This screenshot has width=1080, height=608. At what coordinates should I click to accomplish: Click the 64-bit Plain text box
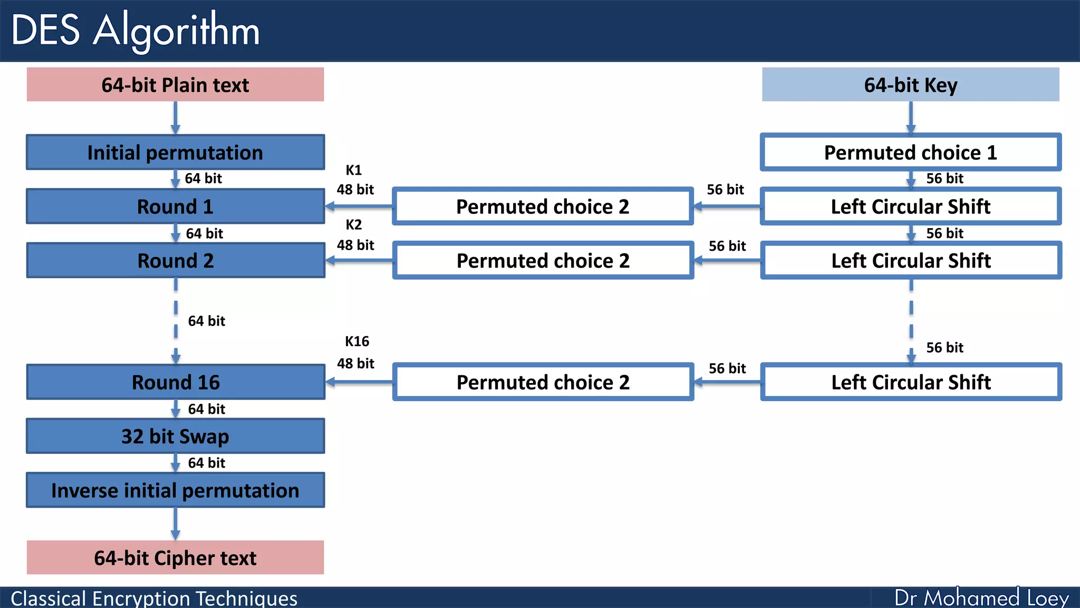(x=175, y=84)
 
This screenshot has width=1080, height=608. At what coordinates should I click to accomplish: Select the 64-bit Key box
(x=910, y=84)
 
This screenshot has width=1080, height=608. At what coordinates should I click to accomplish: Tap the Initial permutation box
(x=175, y=153)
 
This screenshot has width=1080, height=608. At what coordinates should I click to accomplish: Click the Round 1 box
(x=175, y=206)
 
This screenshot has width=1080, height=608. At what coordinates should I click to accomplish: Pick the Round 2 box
(x=175, y=260)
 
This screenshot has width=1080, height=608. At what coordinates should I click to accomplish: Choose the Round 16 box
(x=175, y=382)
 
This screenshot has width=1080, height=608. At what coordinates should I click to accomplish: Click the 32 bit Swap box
(x=175, y=436)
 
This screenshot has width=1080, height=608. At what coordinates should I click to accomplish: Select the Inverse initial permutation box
(x=175, y=490)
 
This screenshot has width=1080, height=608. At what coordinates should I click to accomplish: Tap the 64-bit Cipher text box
(x=175, y=557)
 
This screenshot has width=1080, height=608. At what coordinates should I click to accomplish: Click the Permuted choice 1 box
(x=910, y=153)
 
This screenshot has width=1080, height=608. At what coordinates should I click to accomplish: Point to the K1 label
(x=354, y=170)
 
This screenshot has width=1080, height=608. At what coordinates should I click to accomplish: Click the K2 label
(x=354, y=225)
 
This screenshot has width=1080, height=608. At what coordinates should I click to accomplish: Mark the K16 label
(x=357, y=341)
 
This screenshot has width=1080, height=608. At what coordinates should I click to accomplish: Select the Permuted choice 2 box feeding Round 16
(x=543, y=382)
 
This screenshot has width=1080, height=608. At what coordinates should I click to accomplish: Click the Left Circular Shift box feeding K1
(x=910, y=206)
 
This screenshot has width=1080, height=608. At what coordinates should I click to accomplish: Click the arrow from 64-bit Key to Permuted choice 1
(x=911, y=117)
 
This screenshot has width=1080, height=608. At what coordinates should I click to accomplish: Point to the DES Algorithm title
(x=136, y=31)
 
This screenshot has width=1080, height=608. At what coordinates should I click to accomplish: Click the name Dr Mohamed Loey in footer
(x=981, y=597)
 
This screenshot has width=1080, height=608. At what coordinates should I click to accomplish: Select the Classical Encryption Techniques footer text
(x=154, y=598)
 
